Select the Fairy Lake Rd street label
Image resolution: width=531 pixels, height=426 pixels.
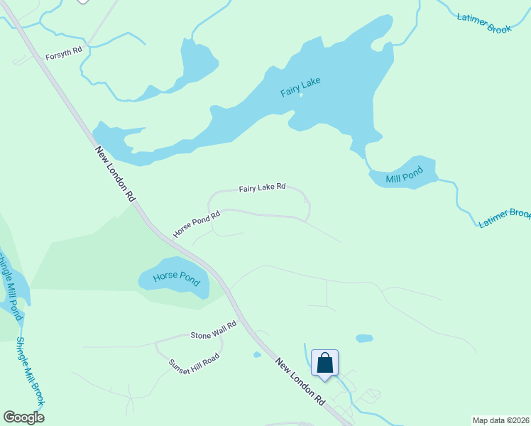click(262, 187)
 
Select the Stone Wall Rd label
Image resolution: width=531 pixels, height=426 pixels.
click(213, 334)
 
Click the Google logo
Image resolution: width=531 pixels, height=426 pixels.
click(23, 417)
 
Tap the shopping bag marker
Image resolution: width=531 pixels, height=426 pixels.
click(324, 363)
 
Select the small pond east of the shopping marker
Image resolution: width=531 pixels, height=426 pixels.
click(363, 339)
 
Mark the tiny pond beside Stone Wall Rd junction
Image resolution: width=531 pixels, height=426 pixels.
click(256, 354)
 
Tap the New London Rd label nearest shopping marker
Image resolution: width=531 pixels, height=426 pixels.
click(300, 381)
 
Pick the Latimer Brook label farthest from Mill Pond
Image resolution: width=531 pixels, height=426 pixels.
click(483, 23)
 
